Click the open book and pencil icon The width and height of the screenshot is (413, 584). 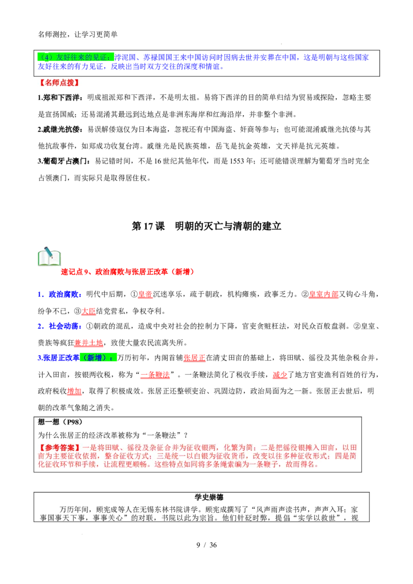coord(49,256)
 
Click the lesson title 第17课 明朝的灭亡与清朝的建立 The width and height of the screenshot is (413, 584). coord(206,226)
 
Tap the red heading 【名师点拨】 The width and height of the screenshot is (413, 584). coord(59,83)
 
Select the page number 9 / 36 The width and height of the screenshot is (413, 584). coord(206,545)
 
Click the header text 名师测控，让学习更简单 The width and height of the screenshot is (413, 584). coord(78,34)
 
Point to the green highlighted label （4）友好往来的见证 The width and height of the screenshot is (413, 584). coord(75,57)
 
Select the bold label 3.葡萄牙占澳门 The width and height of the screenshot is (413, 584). coord(63,161)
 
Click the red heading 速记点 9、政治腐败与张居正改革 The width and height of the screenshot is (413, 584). coord(128,272)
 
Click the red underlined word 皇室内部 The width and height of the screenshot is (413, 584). coord(324,294)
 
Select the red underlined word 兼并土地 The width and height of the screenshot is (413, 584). coord(89,343)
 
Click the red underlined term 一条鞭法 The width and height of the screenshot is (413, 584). coord(155,375)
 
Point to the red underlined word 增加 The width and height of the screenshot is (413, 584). coord(74,391)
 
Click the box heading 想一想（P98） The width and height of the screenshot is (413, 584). coord(60,422)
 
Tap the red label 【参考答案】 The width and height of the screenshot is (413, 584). coord(59,447)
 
